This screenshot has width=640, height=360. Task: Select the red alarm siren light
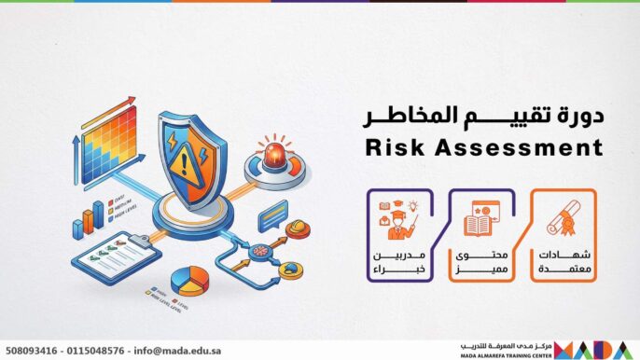click(x=275, y=155)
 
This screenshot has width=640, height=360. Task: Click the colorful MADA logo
click(x=605, y=346)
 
